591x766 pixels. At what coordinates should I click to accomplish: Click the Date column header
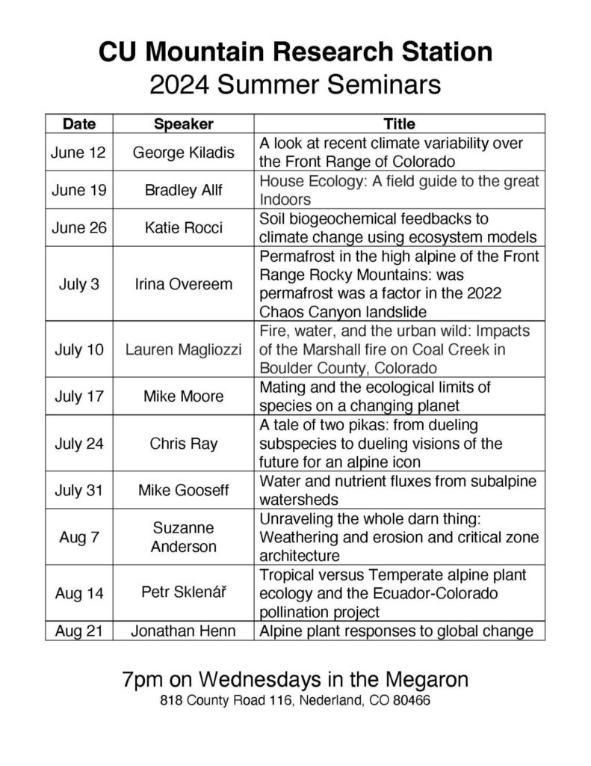pos(78,123)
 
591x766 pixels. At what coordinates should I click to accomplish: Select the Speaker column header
pos(183,123)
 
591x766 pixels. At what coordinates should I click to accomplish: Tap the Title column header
pos(399,123)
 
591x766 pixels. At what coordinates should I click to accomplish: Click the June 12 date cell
pos(78,153)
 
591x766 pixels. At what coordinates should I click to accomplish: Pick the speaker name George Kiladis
pos(183,153)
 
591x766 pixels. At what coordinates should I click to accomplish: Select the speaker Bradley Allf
pos(183,190)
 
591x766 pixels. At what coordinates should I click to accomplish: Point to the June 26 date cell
pos(78,228)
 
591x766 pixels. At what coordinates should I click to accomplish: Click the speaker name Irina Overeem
pos(183,284)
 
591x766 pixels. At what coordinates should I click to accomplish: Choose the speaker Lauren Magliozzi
pos(183,349)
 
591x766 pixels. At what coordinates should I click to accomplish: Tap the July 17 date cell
pos(78,396)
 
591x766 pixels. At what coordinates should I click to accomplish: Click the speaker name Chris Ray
pos(183,444)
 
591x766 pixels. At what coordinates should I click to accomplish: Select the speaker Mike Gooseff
pos(183,491)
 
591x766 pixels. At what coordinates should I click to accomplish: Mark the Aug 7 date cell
pos(78,537)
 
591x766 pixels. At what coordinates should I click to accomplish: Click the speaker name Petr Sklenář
pos(183,593)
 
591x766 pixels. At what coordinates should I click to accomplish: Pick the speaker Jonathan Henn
pos(183,631)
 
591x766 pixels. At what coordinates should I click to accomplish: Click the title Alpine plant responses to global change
pos(396,631)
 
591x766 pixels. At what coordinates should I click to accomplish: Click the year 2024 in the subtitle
pos(181,83)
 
